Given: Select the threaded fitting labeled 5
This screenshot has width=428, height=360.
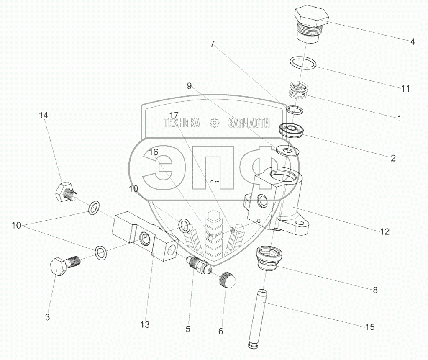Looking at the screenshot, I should [197, 263].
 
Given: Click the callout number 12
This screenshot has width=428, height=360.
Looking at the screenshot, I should [384, 231].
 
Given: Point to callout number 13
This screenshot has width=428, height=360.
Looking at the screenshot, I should [145, 324].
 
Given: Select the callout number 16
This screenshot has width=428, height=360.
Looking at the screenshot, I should [154, 152].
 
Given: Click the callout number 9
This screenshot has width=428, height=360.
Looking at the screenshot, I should [189, 86].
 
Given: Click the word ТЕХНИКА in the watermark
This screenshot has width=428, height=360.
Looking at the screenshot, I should [181, 123].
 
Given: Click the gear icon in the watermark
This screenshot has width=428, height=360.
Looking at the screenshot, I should [214, 123].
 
